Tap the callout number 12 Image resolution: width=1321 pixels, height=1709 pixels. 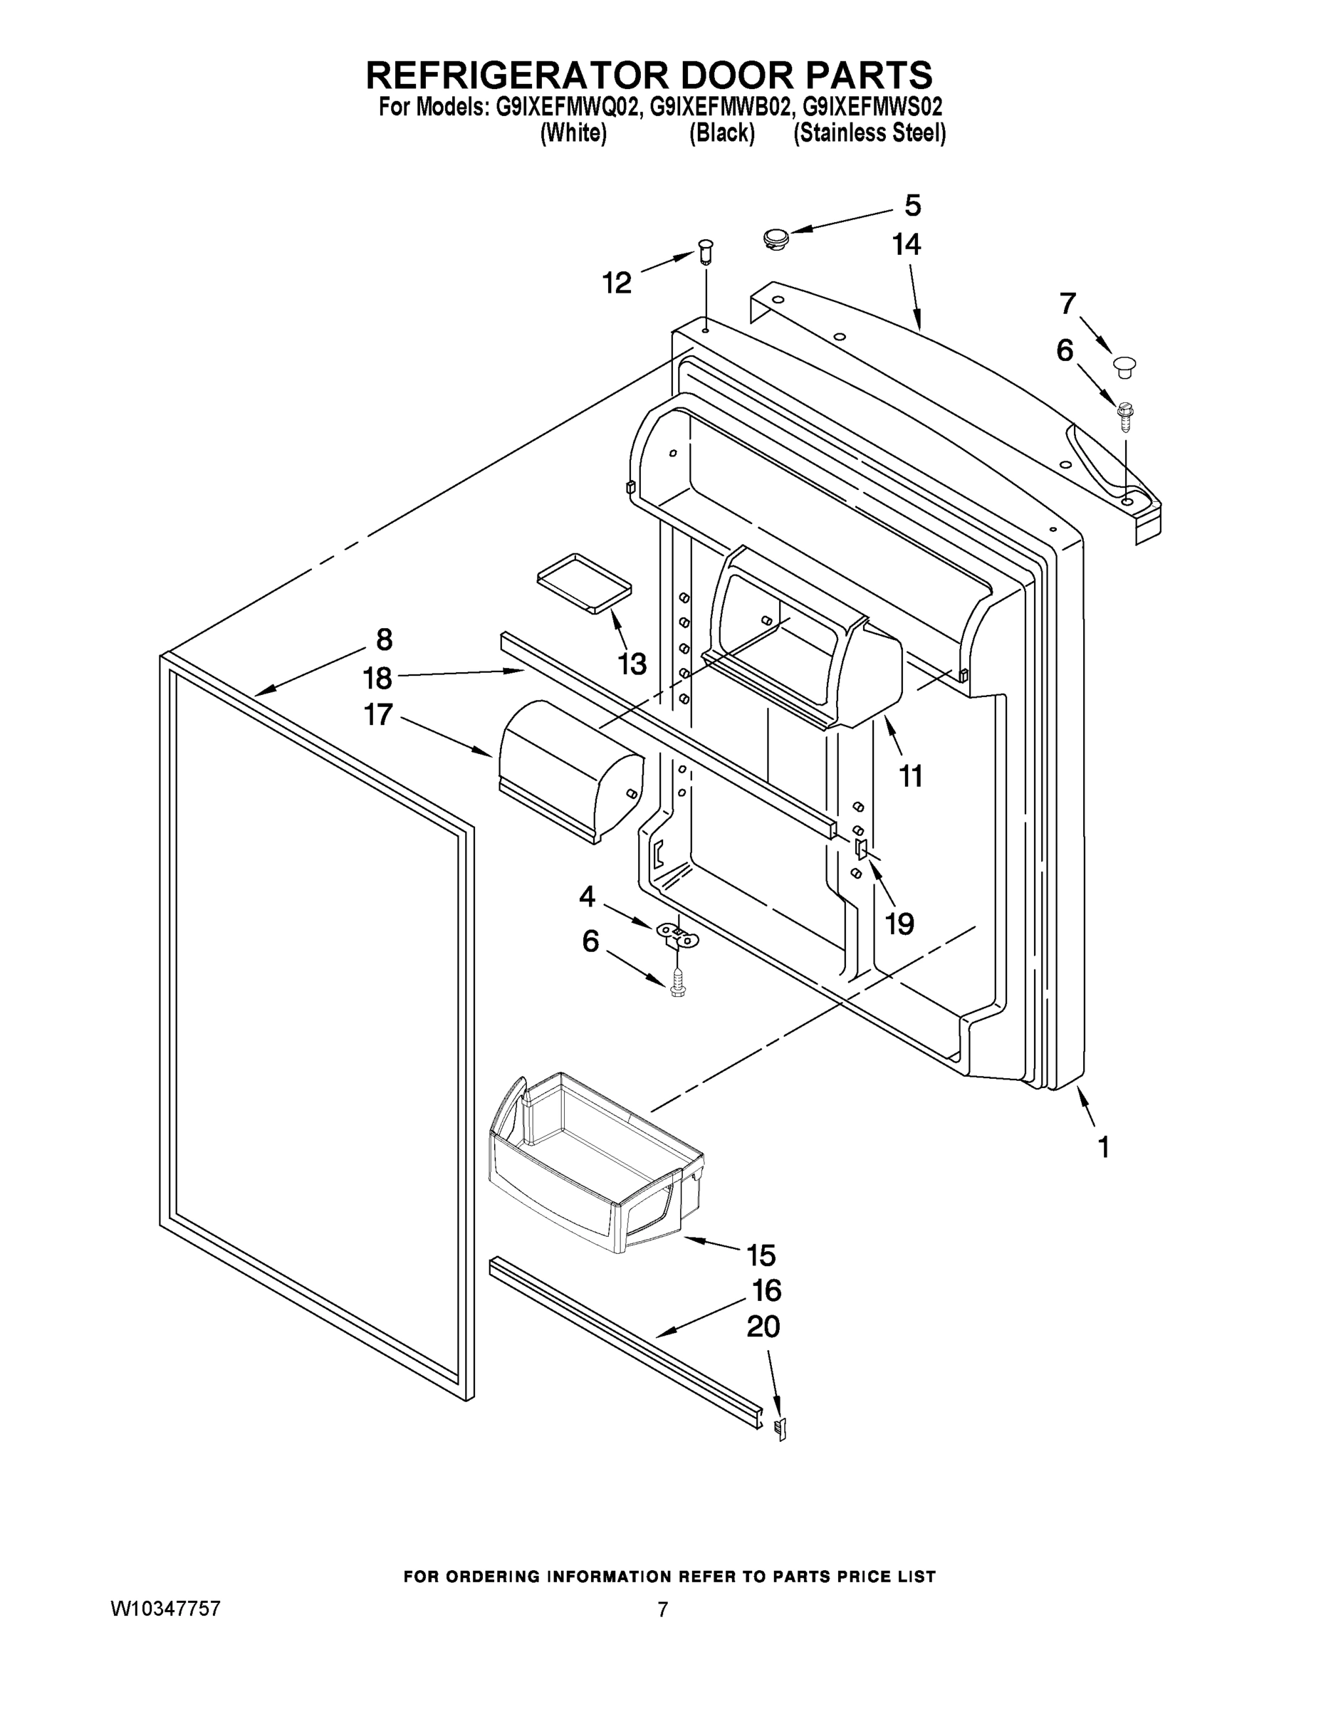pyautogui.click(x=617, y=283)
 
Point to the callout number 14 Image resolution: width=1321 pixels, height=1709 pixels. pyautogui.click(x=907, y=245)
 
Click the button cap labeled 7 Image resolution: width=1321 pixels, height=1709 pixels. pyautogui.click(x=1124, y=365)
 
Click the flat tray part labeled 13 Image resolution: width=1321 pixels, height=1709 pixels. pyautogui.click(x=584, y=583)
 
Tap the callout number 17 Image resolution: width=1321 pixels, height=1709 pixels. pyautogui.click(x=378, y=714)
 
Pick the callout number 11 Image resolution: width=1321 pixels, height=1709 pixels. pyautogui.click(x=910, y=776)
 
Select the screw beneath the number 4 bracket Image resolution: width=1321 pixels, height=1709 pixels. pyautogui.click(x=678, y=984)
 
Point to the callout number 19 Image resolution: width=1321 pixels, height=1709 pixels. pyautogui.click(x=899, y=924)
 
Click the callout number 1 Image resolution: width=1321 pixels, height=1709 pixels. pyautogui.click(x=1103, y=1148)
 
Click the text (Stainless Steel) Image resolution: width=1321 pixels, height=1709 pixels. pyautogui.click(x=870, y=134)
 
